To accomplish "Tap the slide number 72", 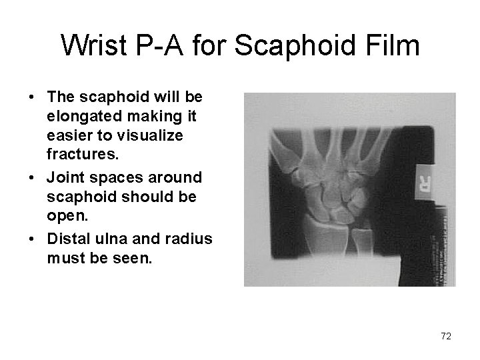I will tap(445, 337).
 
